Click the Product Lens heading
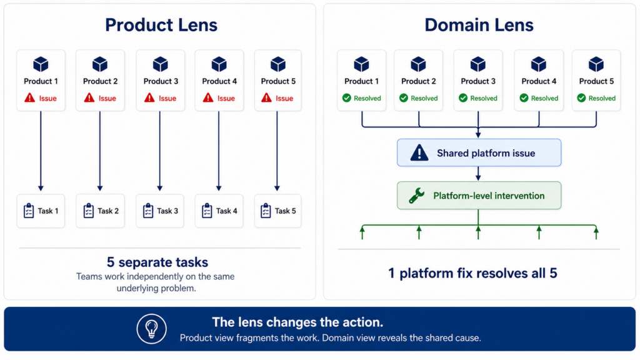point(161,25)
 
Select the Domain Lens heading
point(479,25)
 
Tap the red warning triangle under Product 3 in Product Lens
point(149,97)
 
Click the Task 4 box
point(219,211)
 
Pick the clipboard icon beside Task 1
point(29,211)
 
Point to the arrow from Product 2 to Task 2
point(100,151)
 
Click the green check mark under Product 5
point(582,98)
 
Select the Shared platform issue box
point(479,152)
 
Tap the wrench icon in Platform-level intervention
point(417,196)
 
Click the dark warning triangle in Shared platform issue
point(419,153)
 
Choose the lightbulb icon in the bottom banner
point(151,329)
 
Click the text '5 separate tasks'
point(157,262)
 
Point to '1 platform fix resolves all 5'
point(472,273)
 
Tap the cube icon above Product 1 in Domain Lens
point(361,64)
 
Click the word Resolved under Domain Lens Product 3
point(484,98)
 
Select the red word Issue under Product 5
point(284,98)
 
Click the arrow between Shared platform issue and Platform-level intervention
point(478,174)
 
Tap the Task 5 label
point(285,211)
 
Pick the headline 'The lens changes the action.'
point(297,322)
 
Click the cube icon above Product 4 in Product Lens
point(219,64)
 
